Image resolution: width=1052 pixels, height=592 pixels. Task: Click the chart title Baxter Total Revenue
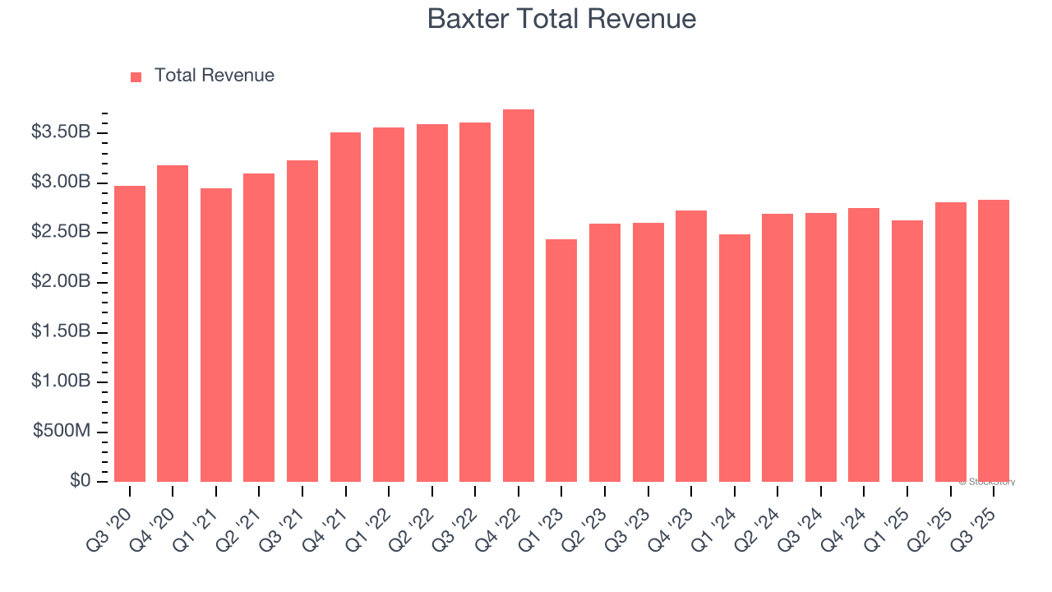pyautogui.click(x=561, y=19)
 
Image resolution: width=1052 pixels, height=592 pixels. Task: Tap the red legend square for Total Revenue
pyautogui.click(x=136, y=76)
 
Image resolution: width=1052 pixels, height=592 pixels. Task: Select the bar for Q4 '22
pyautogui.click(x=519, y=296)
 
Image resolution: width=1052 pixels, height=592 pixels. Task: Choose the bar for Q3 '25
pyautogui.click(x=994, y=340)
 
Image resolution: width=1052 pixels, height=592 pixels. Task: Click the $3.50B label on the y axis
pyautogui.click(x=61, y=132)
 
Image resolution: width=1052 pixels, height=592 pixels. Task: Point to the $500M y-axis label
pyautogui.click(x=62, y=432)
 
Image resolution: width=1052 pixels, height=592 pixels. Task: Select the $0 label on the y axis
pyautogui.click(x=80, y=481)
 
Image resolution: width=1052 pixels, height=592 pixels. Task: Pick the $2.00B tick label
pyautogui.click(x=61, y=282)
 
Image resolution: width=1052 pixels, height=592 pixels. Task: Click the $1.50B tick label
pyautogui.click(x=61, y=331)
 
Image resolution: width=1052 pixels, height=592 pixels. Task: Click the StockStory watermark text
pyautogui.click(x=987, y=482)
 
